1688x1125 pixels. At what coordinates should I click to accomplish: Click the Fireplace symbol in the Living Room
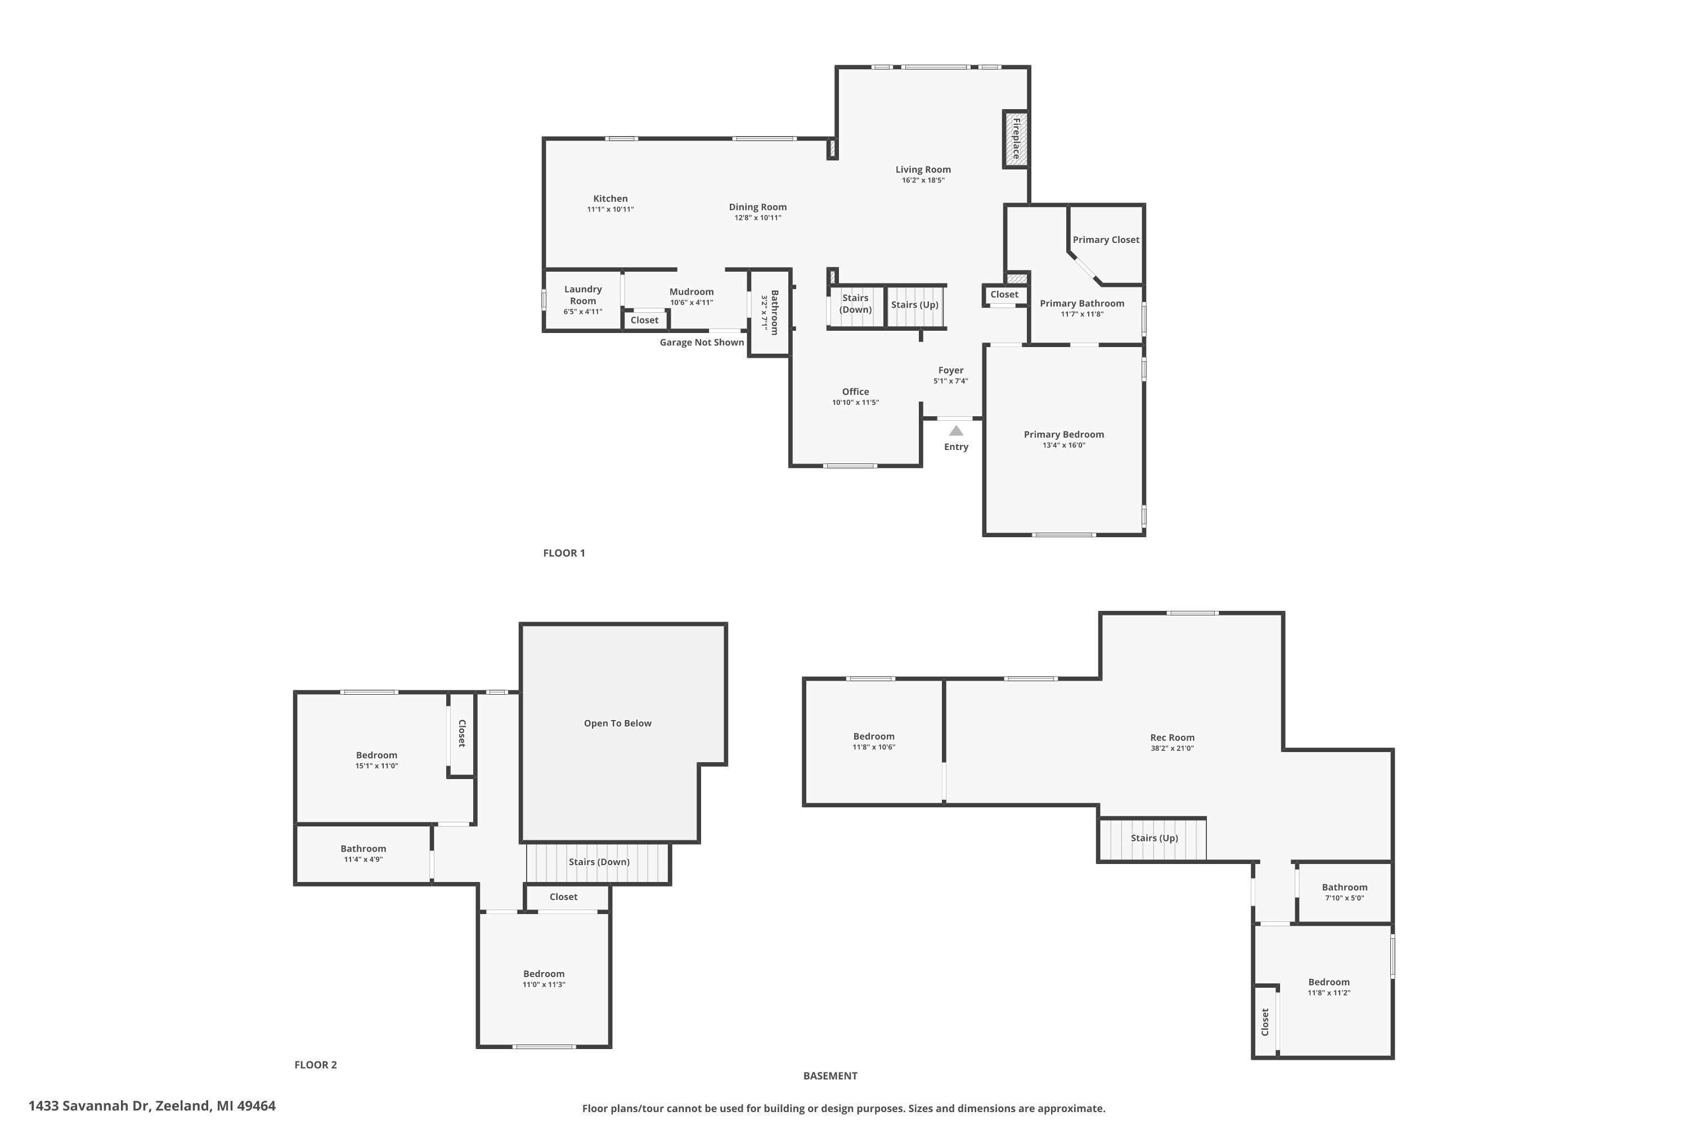tap(1016, 139)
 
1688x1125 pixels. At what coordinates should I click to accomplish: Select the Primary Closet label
tap(1105, 240)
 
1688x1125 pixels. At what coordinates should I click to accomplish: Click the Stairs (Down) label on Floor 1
tap(855, 304)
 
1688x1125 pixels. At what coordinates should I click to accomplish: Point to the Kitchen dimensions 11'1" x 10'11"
tap(610, 209)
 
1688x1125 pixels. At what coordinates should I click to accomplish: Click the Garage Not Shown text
tap(701, 342)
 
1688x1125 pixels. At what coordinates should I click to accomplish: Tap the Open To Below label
tap(617, 723)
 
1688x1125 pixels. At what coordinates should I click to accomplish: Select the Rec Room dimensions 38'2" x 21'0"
tap(1171, 748)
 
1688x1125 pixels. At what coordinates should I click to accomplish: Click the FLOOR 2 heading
tap(315, 1065)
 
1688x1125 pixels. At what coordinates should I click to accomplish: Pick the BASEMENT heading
tap(829, 1075)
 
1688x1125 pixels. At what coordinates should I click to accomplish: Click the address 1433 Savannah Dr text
tap(151, 1106)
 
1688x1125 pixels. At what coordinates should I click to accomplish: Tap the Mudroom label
tap(691, 292)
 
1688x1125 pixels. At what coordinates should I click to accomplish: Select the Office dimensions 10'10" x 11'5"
tap(855, 403)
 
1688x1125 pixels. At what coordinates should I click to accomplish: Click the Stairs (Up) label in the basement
tap(1153, 838)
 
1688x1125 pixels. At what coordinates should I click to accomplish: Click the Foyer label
tap(950, 370)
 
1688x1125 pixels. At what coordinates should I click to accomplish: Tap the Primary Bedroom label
tap(1063, 434)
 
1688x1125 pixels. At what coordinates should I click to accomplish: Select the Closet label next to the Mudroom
tap(644, 320)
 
